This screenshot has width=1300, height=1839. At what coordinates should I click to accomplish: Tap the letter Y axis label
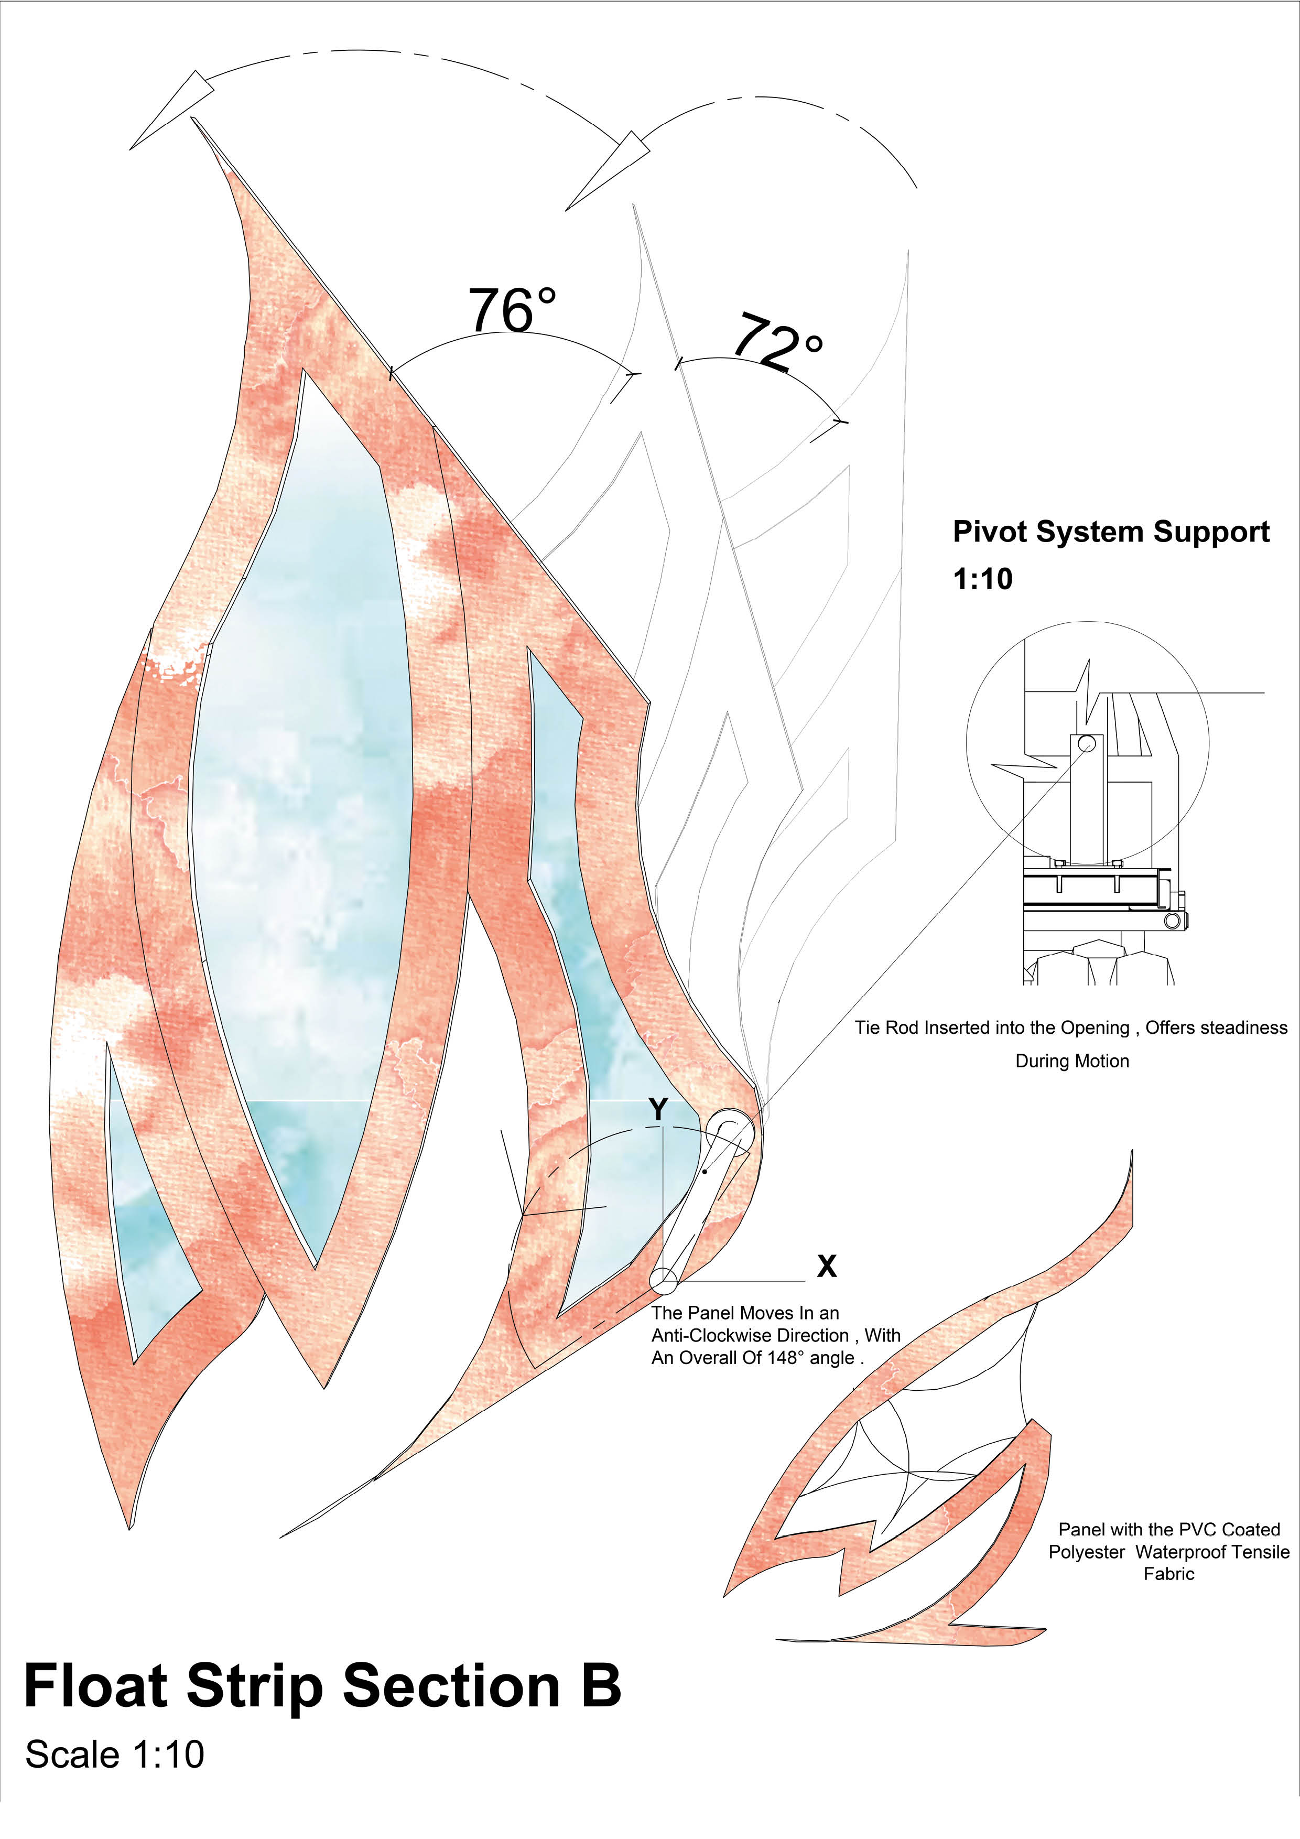pyautogui.click(x=658, y=1109)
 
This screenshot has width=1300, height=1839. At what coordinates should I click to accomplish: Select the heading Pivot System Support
pyautogui.click(x=1110, y=532)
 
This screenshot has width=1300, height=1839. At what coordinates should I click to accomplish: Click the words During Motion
pyautogui.click(x=1072, y=1061)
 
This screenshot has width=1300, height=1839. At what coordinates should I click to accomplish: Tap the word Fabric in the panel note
pyautogui.click(x=1168, y=1574)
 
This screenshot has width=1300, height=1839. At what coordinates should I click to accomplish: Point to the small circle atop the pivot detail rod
pyautogui.click(x=1086, y=742)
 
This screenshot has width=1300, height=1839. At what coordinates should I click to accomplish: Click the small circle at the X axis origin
pyautogui.click(x=663, y=1280)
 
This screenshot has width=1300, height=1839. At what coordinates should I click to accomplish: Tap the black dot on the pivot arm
pyautogui.click(x=704, y=1172)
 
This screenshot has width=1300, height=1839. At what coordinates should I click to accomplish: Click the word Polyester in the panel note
pyautogui.click(x=1086, y=1551)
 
